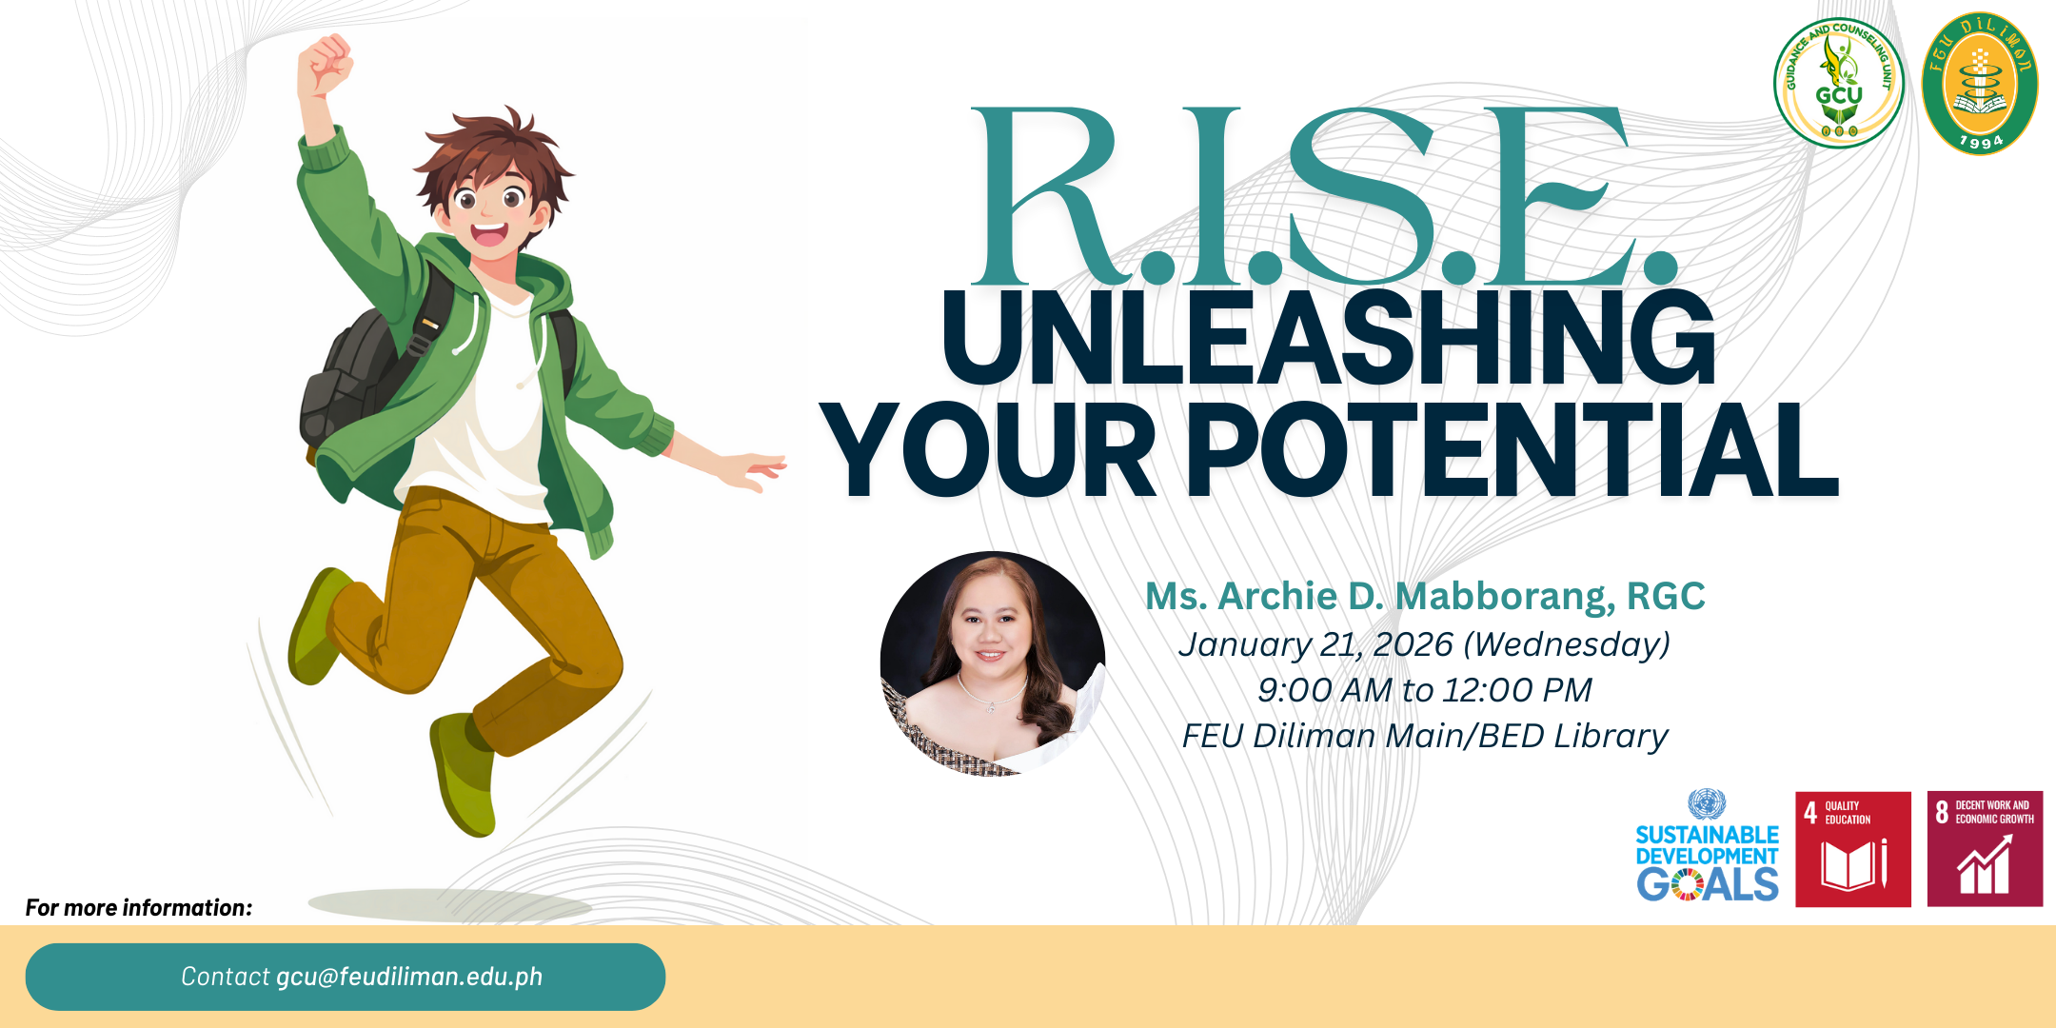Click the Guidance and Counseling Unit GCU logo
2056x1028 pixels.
pyautogui.click(x=1838, y=84)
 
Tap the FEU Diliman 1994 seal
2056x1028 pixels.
pyautogui.click(x=1980, y=84)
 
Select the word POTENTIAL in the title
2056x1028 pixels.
pyautogui.click(x=1513, y=449)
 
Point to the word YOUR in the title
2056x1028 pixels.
pyautogui.click(x=988, y=449)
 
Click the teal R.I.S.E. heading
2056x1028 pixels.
pyautogui.click(x=1323, y=195)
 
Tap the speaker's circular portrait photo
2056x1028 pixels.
pyautogui.click(x=992, y=663)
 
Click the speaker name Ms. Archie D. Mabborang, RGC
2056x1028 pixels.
pyautogui.click(x=1425, y=596)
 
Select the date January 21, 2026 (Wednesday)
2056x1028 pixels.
pyautogui.click(x=1424, y=644)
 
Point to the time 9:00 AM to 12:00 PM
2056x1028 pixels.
pyautogui.click(x=1424, y=690)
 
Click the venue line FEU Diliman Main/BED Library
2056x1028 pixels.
pyautogui.click(x=1424, y=736)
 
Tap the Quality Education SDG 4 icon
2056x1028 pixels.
pyautogui.click(x=1853, y=849)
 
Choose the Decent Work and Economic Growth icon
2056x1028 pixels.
pyautogui.click(x=1985, y=849)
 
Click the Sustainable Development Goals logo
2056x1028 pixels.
pyautogui.click(x=1707, y=846)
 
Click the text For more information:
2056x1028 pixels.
pyautogui.click(x=139, y=908)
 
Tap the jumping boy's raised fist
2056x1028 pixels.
pyautogui.click(x=325, y=65)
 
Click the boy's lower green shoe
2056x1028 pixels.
pyautogui.click(x=465, y=773)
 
